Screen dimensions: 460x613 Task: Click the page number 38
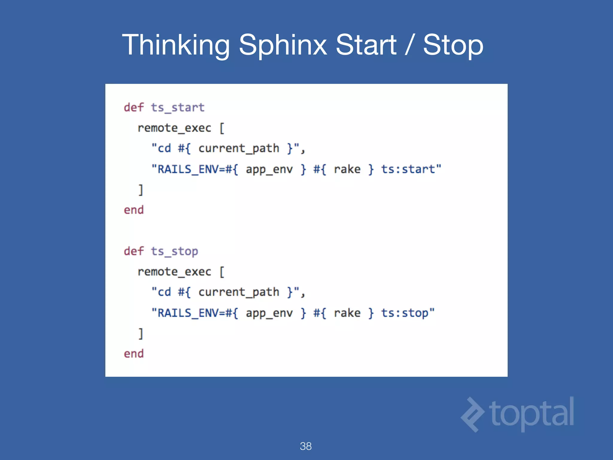pyautogui.click(x=306, y=446)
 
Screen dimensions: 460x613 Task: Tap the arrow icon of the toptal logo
pyautogui.click(x=472, y=414)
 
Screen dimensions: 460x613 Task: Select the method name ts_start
pyautogui.click(x=177, y=108)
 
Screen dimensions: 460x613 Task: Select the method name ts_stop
pyautogui.click(x=174, y=251)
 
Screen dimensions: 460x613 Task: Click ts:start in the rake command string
pyautogui.click(x=408, y=169)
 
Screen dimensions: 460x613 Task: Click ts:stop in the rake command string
pyautogui.click(x=404, y=313)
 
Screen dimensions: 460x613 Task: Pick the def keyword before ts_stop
pyautogui.click(x=134, y=251)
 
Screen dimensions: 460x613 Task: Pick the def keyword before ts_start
pyautogui.click(x=134, y=108)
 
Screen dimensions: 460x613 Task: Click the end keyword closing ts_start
pyautogui.click(x=134, y=210)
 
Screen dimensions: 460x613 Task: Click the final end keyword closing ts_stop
pyautogui.click(x=134, y=354)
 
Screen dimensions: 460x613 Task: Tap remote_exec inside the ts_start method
pyautogui.click(x=174, y=128)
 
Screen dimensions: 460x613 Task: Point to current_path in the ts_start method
pyautogui.click(x=239, y=149)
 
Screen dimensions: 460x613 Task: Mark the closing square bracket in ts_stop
pyautogui.click(x=141, y=334)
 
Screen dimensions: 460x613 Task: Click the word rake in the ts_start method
pyautogui.click(x=347, y=169)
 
